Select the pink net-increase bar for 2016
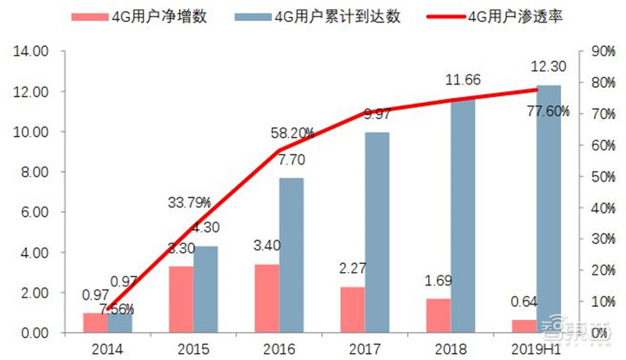click(267, 299)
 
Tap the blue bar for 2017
click(376, 232)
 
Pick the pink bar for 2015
click(182, 300)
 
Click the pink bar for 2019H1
click(525, 326)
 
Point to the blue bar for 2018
click(463, 216)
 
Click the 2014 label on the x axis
click(107, 346)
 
